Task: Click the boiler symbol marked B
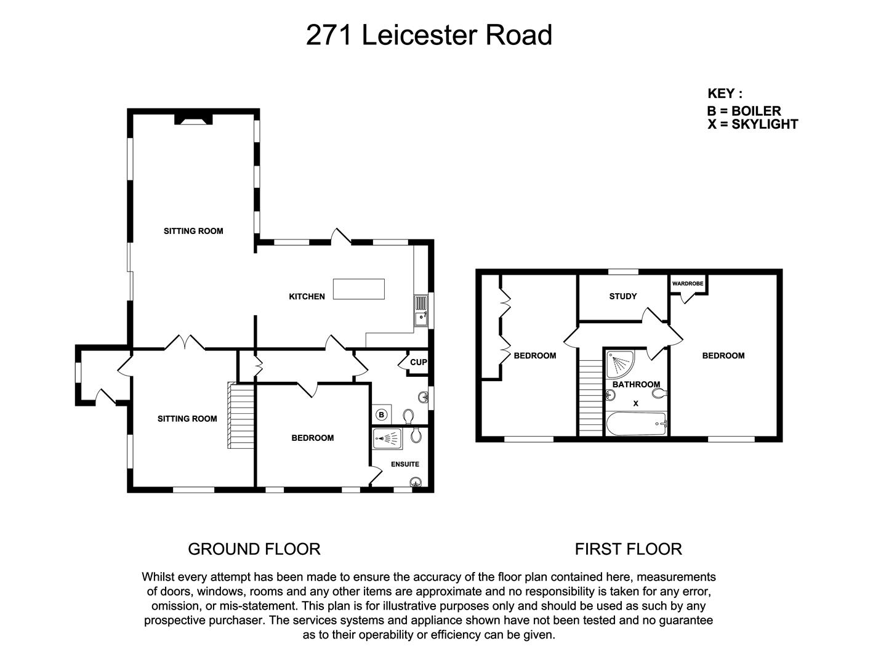point(382,415)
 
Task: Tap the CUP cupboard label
point(418,362)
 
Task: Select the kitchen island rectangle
point(359,289)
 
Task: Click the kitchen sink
point(421,310)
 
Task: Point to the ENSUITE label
point(405,464)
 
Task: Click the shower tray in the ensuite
point(387,438)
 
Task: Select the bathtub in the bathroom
point(637,424)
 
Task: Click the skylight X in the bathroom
point(636,403)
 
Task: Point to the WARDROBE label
point(688,284)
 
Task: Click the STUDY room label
point(623,296)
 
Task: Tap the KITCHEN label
point(307,297)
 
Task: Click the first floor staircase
point(591,398)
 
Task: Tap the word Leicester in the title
point(420,35)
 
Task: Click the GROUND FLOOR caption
point(254,549)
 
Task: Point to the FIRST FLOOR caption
point(628,549)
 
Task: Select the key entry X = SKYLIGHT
point(752,124)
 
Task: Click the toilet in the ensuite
point(416,435)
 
